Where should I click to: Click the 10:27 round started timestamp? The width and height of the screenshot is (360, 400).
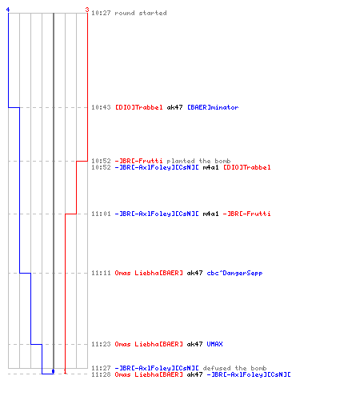point(101,13)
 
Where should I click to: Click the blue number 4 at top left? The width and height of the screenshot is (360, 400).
point(8,10)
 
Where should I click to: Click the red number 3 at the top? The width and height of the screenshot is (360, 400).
point(87,10)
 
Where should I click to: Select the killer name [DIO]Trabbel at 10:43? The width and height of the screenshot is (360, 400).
point(138,107)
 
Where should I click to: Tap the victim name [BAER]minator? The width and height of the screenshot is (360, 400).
point(213,107)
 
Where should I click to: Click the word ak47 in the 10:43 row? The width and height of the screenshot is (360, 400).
point(174,107)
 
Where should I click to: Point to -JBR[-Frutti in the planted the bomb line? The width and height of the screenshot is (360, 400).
point(138,161)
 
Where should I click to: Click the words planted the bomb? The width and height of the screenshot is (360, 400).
point(198,161)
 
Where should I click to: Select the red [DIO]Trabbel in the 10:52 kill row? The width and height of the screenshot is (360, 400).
point(247,167)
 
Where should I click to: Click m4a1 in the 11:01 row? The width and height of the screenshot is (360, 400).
point(210,214)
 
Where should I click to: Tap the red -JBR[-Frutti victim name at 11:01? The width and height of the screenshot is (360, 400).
point(247,214)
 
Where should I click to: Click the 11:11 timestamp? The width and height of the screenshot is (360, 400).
point(101,273)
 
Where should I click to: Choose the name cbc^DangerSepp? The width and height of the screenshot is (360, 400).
point(234,273)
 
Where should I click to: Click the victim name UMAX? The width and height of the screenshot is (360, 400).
point(214,344)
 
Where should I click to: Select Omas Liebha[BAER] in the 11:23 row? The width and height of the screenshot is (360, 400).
point(149,344)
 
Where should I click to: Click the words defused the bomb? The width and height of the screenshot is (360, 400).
point(234,368)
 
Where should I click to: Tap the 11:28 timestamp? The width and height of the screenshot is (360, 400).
point(101,374)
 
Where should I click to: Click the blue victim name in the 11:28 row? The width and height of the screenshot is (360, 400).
point(249,374)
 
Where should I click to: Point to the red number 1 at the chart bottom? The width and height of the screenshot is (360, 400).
point(65,371)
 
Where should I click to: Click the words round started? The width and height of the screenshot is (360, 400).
point(141,13)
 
